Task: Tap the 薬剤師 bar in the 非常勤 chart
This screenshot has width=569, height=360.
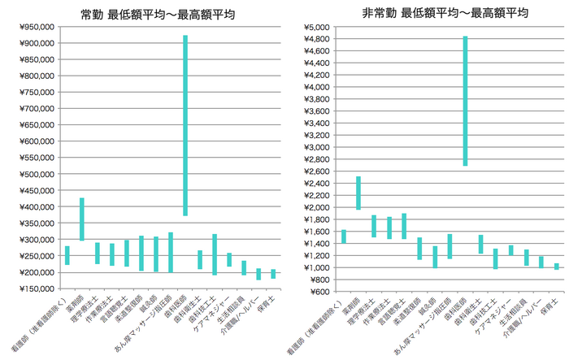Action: (x=358, y=193)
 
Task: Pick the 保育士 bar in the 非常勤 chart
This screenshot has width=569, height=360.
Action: (x=557, y=267)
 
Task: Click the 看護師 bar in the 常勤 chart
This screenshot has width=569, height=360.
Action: (x=67, y=255)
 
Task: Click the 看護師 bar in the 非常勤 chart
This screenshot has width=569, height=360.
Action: (x=344, y=236)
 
